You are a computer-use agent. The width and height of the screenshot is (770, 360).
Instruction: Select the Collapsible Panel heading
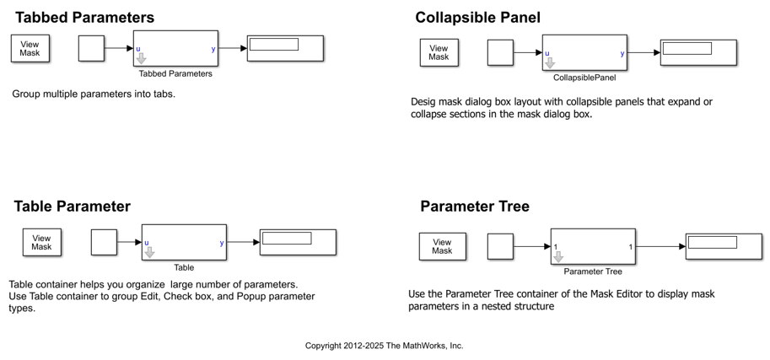pyautogui.click(x=477, y=18)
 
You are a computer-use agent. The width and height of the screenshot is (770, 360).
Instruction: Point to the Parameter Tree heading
pyautogui.click(x=474, y=206)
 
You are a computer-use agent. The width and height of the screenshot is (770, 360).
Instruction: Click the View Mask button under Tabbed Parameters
pyautogui.click(x=30, y=48)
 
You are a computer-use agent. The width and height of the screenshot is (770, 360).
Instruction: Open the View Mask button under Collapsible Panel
pyautogui.click(x=439, y=52)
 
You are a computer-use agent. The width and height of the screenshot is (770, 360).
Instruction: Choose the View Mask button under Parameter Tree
pyautogui.click(x=442, y=246)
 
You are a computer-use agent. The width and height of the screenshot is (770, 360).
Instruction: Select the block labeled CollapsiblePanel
pyautogui.click(x=584, y=52)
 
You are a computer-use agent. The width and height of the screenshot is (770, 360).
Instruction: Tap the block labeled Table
pyautogui.click(x=184, y=243)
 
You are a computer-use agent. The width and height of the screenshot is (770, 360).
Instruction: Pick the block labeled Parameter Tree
pyautogui.click(x=592, y=246)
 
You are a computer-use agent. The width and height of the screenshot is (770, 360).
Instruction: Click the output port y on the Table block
pyautogui.click(x=222, y=244)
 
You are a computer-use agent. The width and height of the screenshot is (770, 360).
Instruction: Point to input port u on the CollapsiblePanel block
pyautogui.click(x=547, y=53)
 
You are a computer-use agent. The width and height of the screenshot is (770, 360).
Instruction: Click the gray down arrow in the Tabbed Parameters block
pyautogui.click(x=141, y=59)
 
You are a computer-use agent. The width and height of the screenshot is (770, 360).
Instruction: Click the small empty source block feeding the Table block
pyautogui.click(x=103, y=243)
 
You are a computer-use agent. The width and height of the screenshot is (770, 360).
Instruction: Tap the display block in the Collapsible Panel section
pyautogui.click(x=698, y=52)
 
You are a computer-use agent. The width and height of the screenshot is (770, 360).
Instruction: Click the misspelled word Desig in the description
pyautogui.click(x=425, y=102)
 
